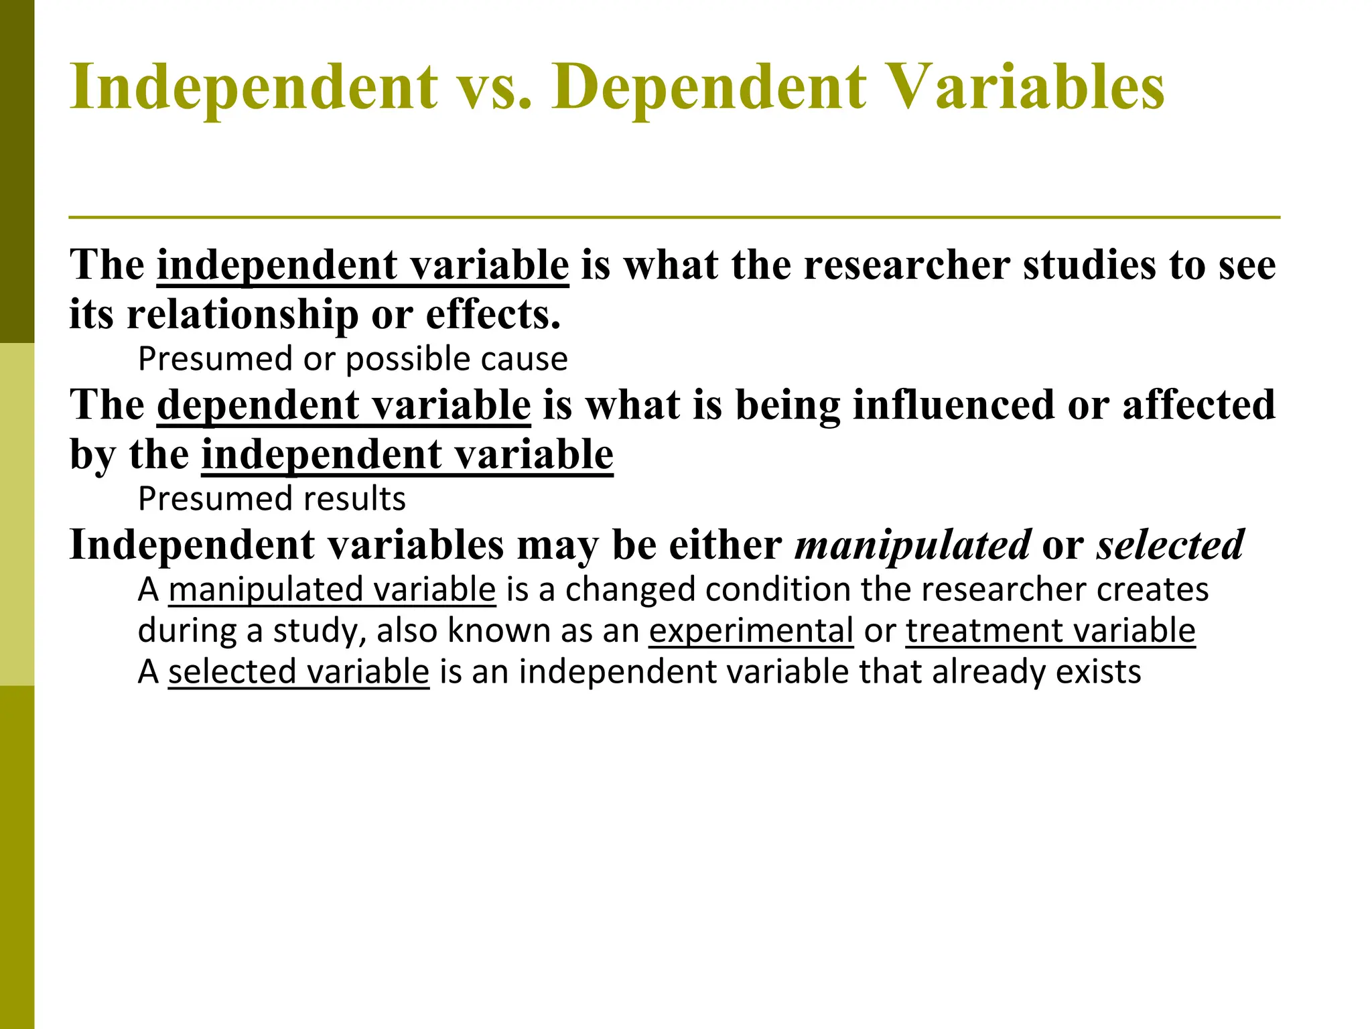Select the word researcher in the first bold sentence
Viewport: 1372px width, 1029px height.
tap(907, 265)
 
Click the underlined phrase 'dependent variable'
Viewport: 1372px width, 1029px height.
tap(344, 405)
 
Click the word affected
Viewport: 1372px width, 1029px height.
tap(1198, 405)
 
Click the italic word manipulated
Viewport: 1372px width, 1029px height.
tap(912, 545)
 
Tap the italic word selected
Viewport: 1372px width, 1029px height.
tap(1170, 545)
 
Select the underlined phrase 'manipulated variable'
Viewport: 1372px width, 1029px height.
tap(332, 590)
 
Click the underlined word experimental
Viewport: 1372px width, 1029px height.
tap(751, 631)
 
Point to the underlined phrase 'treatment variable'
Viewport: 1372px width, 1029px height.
tap(1050, 631)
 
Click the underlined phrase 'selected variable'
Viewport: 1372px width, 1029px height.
tap(298, 672)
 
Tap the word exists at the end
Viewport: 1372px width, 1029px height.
tap(1098, 672)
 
